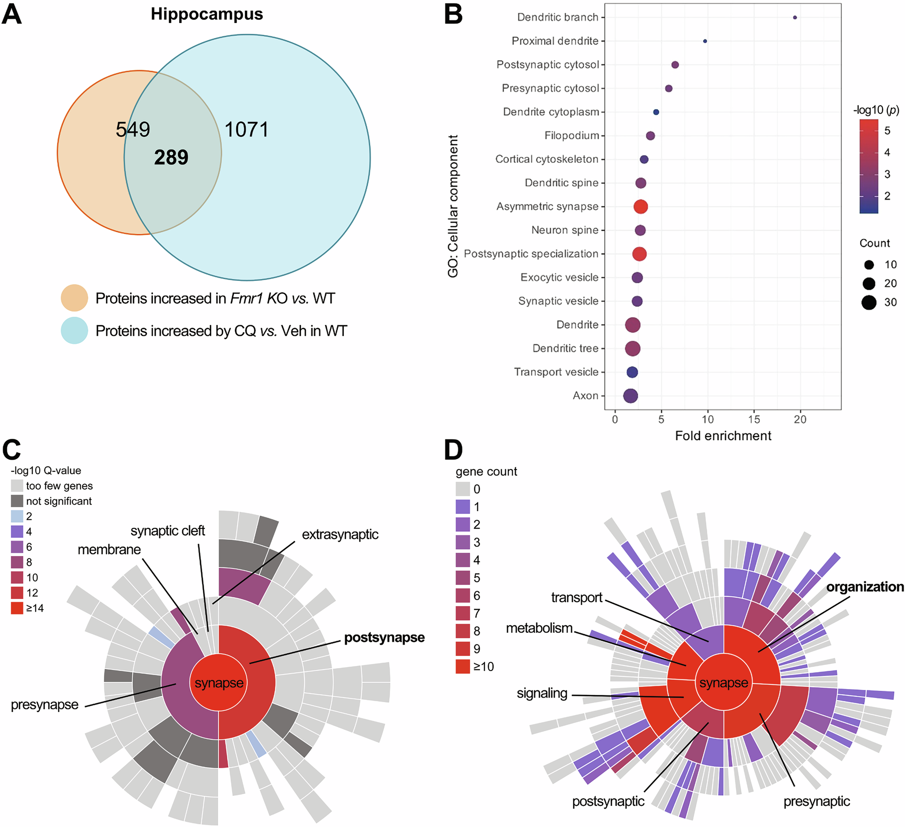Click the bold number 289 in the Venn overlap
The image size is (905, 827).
coord(171,157)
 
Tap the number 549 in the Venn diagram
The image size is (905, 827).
coord(133,129)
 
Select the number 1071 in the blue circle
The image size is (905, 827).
coord(247,130)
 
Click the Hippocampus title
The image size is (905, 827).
coord(207,14)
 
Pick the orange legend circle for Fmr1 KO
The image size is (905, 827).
coord(74,298)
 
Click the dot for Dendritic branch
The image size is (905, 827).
coord(795,18)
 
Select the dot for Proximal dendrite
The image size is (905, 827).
coord(705,41)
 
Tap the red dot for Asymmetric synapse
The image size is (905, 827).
coord(641,207)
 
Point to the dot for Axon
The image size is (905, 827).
coord(630,396)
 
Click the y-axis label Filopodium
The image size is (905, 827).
coord(572,136)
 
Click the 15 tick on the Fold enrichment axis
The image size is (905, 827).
coord(754,419)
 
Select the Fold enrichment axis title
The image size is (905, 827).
coord(723,436)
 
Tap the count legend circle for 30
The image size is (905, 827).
coord(869,302)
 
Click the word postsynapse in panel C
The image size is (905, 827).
coord(384,637)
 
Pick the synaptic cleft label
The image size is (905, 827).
coord(167,531)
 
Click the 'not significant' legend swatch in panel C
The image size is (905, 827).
coord(17,501)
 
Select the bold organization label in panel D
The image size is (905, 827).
coord(865,587)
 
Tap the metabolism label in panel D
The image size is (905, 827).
coord(539,628)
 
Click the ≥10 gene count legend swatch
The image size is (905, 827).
coord(462,667)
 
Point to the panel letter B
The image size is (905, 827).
coord(453,14)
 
